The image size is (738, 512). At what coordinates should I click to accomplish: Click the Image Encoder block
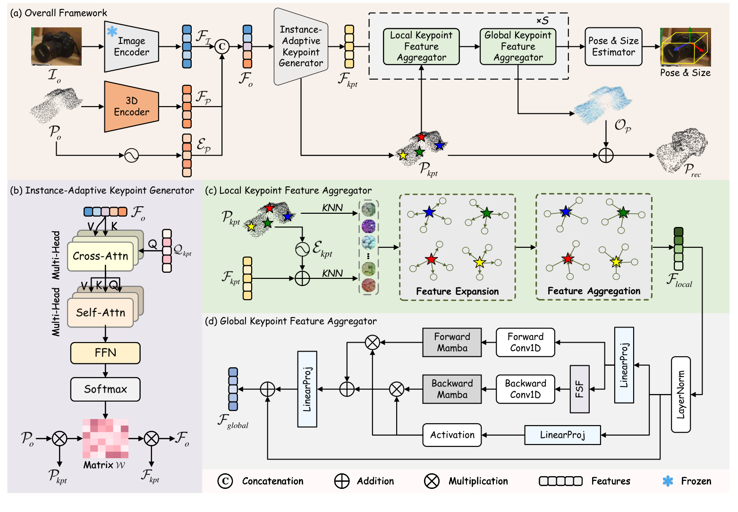point(131,47)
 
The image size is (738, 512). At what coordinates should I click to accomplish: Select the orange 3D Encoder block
point(131,107)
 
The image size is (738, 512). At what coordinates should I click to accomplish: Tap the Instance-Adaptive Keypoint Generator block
point(301,47)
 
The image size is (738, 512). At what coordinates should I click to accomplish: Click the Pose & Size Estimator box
point(613,47)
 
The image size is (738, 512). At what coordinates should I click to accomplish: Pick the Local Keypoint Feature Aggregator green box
point(421,47)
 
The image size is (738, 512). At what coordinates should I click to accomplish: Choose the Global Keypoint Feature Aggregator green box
point(518,47)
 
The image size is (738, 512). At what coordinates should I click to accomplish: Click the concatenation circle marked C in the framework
point(222,46)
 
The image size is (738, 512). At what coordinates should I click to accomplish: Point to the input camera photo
point(56,46)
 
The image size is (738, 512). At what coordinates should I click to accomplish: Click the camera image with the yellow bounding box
point(685,47)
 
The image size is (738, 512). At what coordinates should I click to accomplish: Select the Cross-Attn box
point(101,256)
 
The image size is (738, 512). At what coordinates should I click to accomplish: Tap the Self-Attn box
point(101,312)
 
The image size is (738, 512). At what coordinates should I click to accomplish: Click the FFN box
point(105,353)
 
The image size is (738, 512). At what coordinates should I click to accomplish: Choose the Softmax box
point(105,389)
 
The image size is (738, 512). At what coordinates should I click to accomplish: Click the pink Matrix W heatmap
point(105,438)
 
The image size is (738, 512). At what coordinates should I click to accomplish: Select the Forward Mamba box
point(452,343)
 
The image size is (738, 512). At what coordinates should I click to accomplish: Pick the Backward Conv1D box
point(525,389)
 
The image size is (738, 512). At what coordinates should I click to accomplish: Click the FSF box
point(579,389)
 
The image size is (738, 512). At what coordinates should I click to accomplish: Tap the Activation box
point(452,435)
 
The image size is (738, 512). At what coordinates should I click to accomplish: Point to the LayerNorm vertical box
point(680,394)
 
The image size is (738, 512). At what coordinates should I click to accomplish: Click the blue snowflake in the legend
point(668,481)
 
